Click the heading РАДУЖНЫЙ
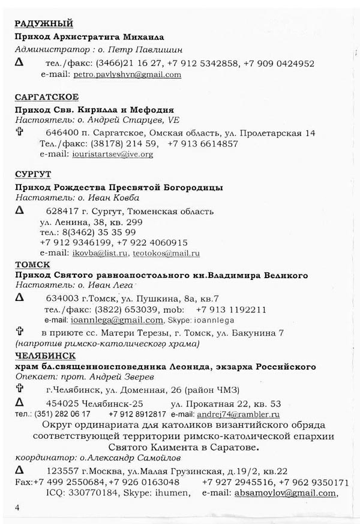[x=43, y=24]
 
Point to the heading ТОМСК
[x=32, y=264]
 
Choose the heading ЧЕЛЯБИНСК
[x=43, y=356]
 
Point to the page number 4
[x=19, y=508]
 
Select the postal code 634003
[x=59, y=298]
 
